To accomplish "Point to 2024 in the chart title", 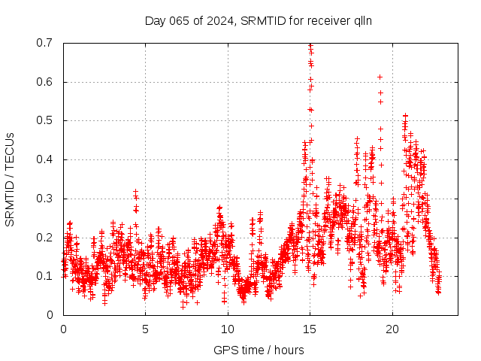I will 220,20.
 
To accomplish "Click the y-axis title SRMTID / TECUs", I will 10,179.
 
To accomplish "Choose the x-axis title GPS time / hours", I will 259,350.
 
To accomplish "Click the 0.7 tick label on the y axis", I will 44,43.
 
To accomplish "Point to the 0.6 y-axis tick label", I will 44,82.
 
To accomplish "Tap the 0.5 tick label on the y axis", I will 44,120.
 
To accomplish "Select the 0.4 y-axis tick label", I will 44,159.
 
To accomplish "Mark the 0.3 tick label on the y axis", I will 44,199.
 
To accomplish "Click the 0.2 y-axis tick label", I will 44,238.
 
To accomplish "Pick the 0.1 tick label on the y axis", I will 44,276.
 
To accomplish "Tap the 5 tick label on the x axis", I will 145,329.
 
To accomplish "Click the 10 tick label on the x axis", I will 228,329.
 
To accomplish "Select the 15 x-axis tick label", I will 310,329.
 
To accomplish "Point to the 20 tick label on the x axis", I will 392,329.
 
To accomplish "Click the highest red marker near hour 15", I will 310,45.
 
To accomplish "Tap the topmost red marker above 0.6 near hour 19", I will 380,77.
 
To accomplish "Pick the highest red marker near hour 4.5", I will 135,192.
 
